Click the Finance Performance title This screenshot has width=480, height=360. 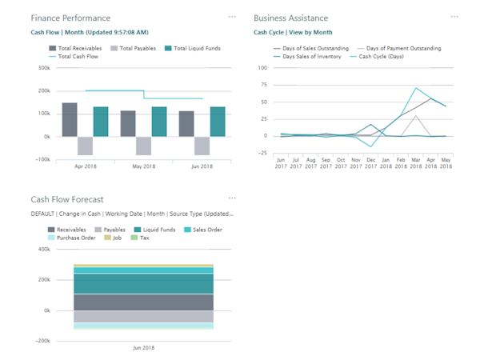70,18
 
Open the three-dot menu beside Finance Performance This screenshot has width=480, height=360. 232,17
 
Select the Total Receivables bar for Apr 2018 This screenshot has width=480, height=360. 70,119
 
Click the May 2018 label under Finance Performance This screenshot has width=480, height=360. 143,166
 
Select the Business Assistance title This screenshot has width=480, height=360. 290,18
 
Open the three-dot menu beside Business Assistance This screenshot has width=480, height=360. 454,17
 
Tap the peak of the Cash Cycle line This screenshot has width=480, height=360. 416,88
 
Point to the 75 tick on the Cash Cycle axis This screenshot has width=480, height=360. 262,85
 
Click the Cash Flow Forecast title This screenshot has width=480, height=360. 67,199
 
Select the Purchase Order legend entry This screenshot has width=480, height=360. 74,238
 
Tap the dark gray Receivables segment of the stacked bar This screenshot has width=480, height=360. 143,302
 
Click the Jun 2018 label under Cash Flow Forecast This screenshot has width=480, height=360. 143,348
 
